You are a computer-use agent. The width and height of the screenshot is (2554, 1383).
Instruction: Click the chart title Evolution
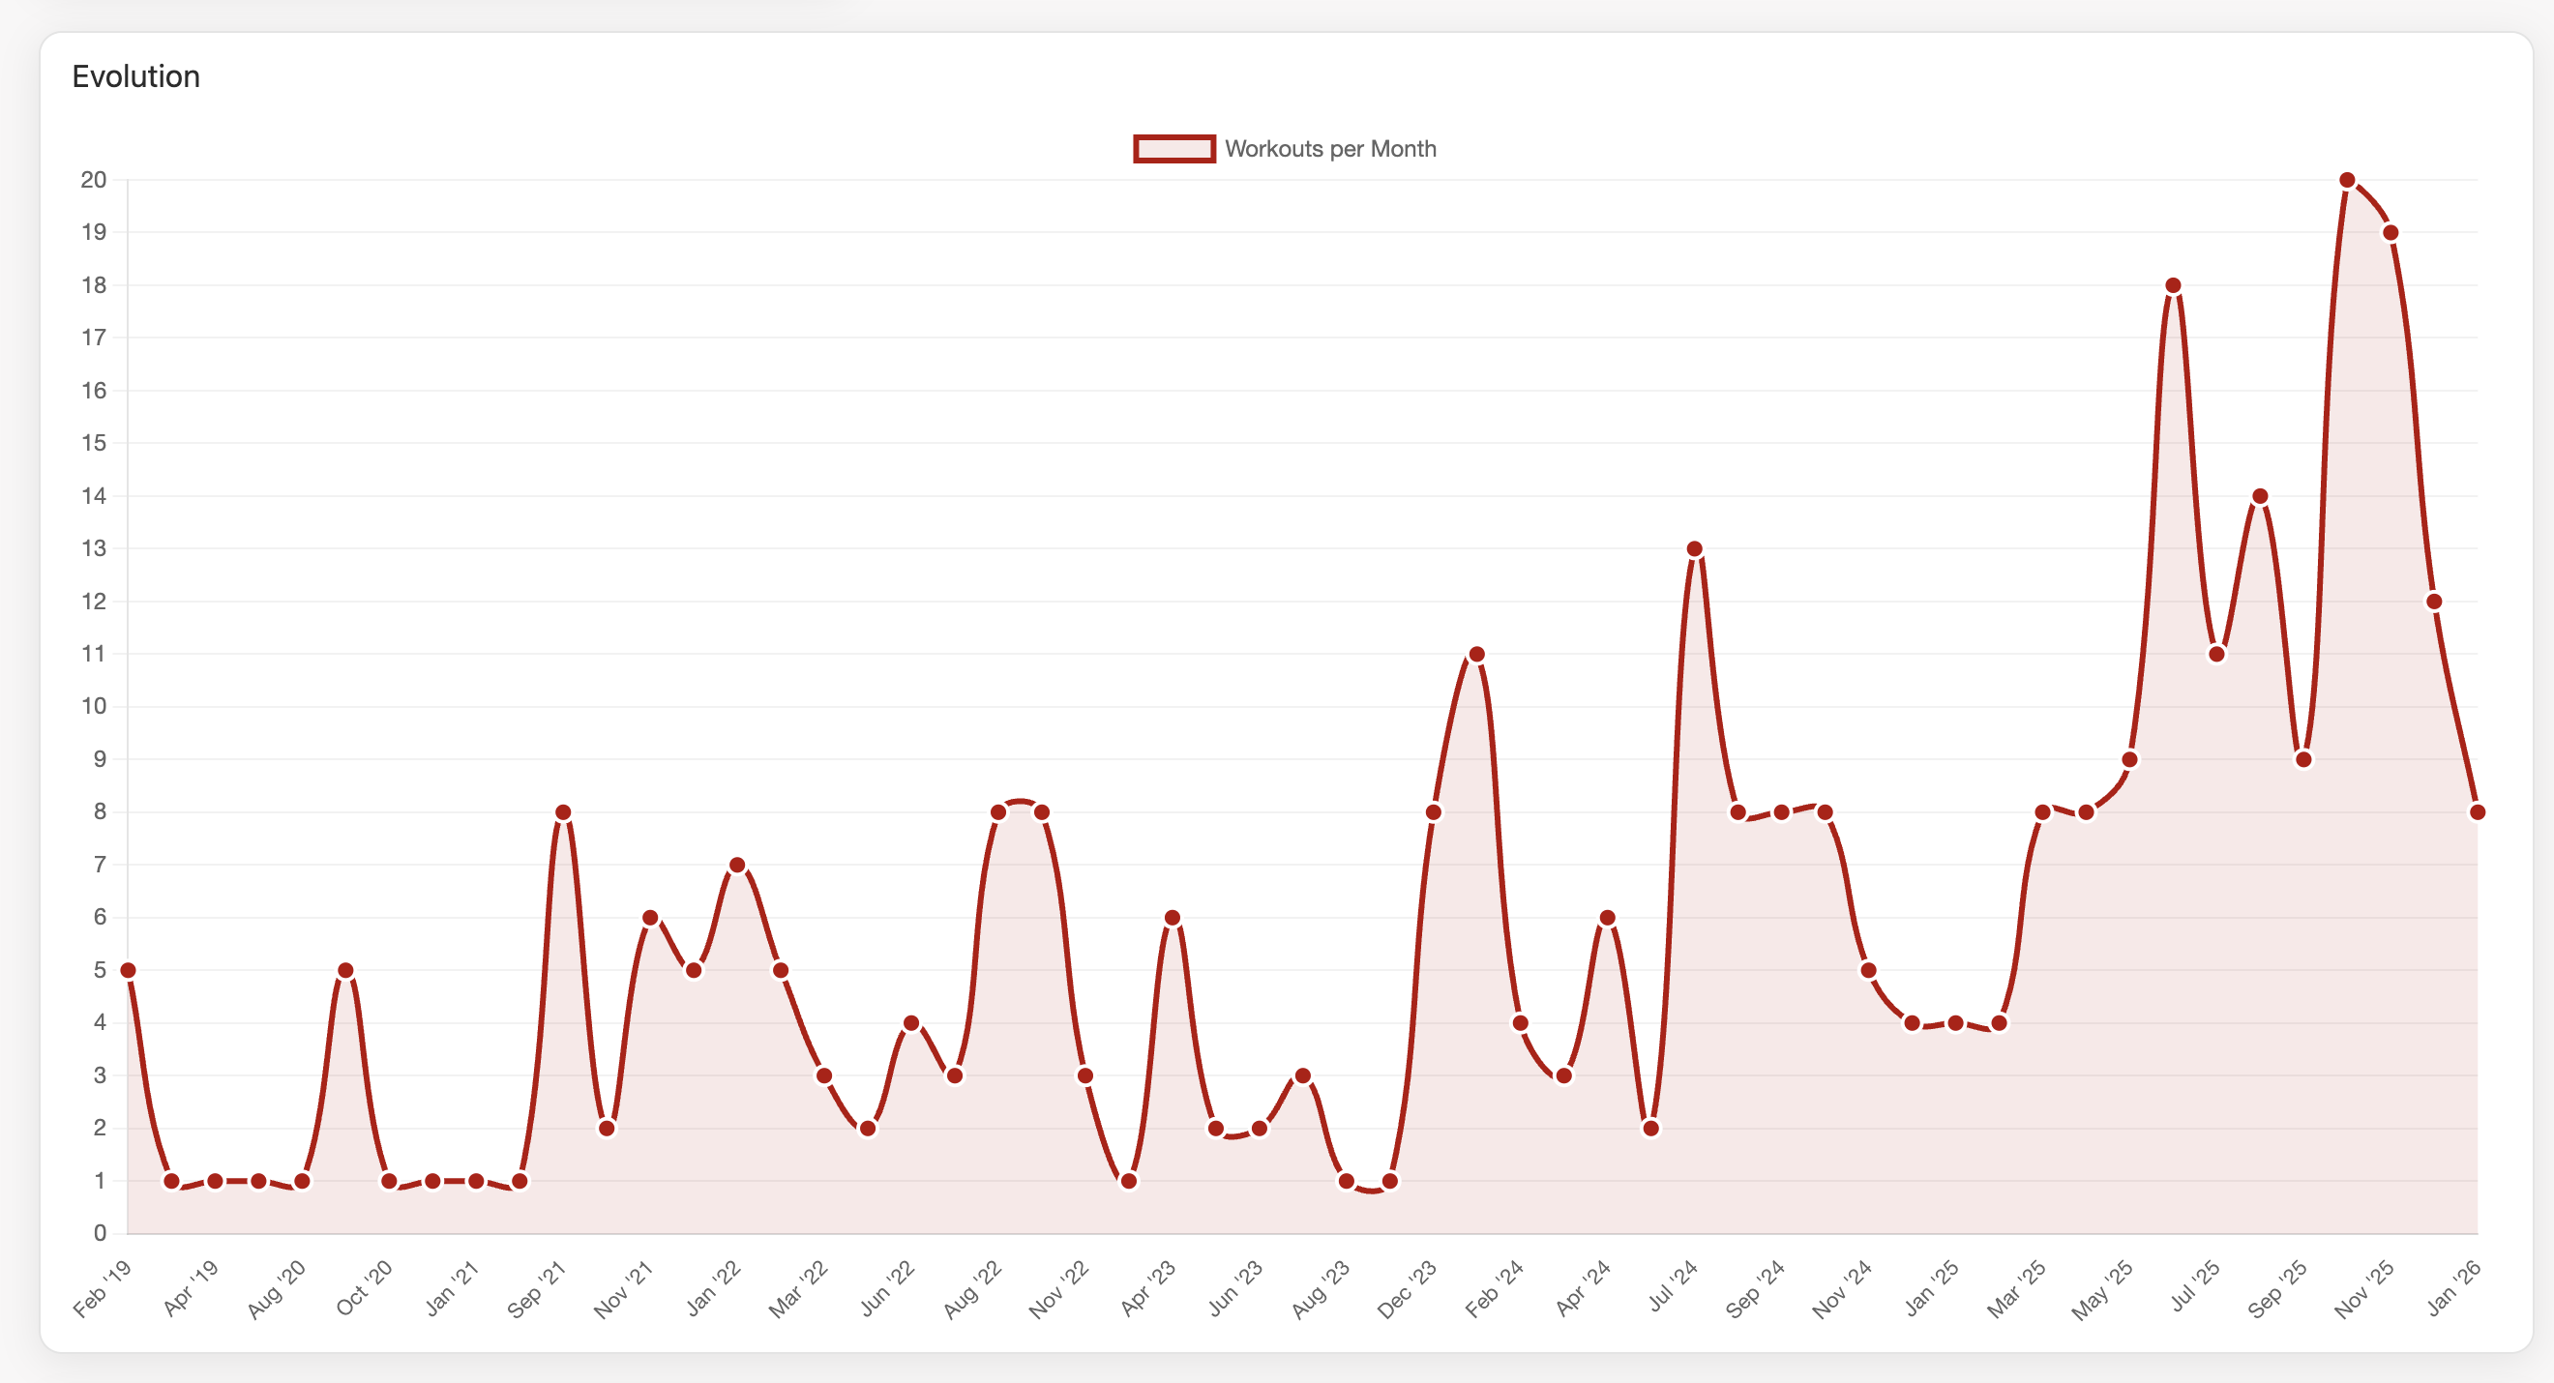[x=135, y=76]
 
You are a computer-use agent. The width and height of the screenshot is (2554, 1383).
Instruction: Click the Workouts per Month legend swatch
[x=1173, y=149]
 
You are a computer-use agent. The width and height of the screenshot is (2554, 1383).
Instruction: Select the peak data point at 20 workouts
[x=2347, y=181]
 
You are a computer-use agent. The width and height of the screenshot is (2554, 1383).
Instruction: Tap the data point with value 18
[x=2173, y=285]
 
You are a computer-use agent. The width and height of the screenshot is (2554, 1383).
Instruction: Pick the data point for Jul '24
[x=1694, y=549]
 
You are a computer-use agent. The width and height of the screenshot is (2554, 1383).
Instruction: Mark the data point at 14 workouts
[x=2261, y=497]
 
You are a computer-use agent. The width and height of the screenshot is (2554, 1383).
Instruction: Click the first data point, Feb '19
[x=128, y=971]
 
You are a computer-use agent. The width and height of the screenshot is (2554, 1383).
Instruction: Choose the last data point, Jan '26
[x=2478, y=812]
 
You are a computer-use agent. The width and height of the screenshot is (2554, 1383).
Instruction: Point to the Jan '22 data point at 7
[x=737, y=866]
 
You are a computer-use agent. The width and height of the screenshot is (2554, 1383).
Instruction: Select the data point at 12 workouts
[x=2434, y=602]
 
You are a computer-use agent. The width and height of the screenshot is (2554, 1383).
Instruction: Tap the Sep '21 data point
[x=563, y=812]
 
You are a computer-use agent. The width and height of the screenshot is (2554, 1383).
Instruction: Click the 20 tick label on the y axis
[x=94, y=181]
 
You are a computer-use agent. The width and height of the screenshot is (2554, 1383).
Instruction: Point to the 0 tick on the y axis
[x=101, y=1233]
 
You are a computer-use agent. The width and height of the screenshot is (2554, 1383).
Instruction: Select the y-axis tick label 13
[x=94, y=549]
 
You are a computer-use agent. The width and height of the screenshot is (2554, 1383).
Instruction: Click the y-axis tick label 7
[x=101, y=866]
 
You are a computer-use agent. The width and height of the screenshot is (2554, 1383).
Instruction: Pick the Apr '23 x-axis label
[x=1148, y=1289]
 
